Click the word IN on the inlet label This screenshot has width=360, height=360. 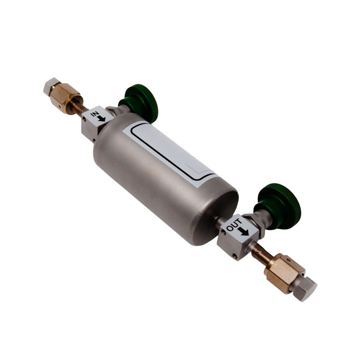coord(94,114)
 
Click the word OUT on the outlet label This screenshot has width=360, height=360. coord(234,225)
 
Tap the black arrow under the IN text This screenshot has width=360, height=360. coord(101,118)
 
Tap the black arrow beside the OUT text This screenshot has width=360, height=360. coord(243,232)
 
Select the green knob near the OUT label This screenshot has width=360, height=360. coord(277,206)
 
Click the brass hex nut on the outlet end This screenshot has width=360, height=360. coord(284,273)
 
